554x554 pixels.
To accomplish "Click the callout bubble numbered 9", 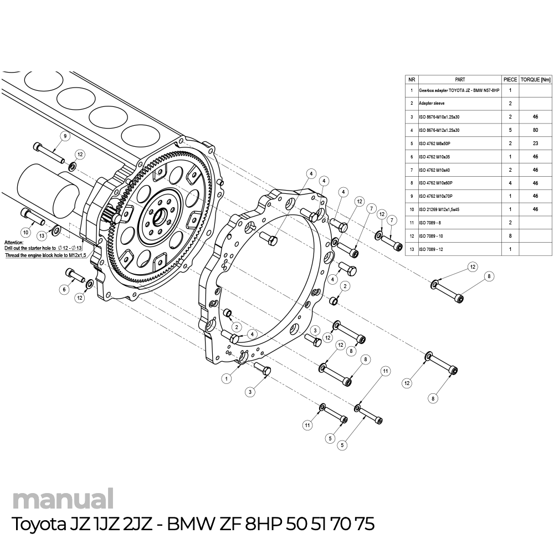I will pos(65,136).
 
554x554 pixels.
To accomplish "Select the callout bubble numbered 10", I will pos(25,232).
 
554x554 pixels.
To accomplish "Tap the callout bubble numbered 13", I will pos(42,235).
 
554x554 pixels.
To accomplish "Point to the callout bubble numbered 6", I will pos(64,289).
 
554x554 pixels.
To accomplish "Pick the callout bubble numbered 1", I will pos(227,379).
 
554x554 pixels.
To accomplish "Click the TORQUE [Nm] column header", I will pos(536,80).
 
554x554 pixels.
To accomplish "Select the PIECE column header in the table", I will pos(510,80).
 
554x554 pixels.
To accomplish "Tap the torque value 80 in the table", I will pos(536,130).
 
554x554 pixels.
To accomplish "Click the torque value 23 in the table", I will pos(536,143).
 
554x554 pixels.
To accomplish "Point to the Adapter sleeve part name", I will pos(432,104).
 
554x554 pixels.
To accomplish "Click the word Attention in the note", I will pos(14,243).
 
